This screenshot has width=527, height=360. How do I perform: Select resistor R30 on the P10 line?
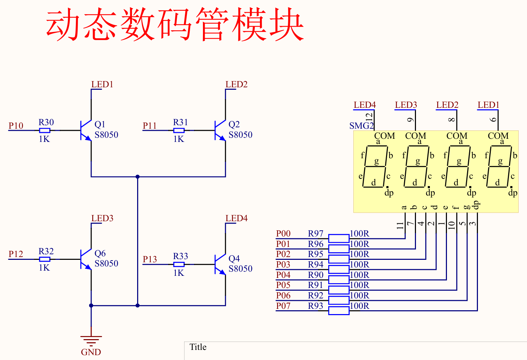(45, 130)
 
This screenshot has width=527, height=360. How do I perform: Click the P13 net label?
(150, 259)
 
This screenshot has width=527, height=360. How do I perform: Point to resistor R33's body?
(179, 264)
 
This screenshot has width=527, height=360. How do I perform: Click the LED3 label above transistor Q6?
(102, 218)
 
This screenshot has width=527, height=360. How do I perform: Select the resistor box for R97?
(339, 238)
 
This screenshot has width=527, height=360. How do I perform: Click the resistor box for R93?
(339, 311)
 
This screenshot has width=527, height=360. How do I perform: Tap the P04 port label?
(283, 275)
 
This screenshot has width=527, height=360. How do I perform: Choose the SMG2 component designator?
(361, 126)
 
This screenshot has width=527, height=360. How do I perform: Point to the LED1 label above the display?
(488, 105)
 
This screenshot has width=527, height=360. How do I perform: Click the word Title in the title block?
(198, 347)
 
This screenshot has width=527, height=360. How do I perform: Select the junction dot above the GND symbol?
(91, 305)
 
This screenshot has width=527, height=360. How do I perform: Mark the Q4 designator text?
(234, 259)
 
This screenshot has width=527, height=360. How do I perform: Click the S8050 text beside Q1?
(106, 135)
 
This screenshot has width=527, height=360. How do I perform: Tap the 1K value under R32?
(44, 268)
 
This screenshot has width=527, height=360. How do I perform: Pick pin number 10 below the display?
(452, 225)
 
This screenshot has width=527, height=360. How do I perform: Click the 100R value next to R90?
(359, 275)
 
